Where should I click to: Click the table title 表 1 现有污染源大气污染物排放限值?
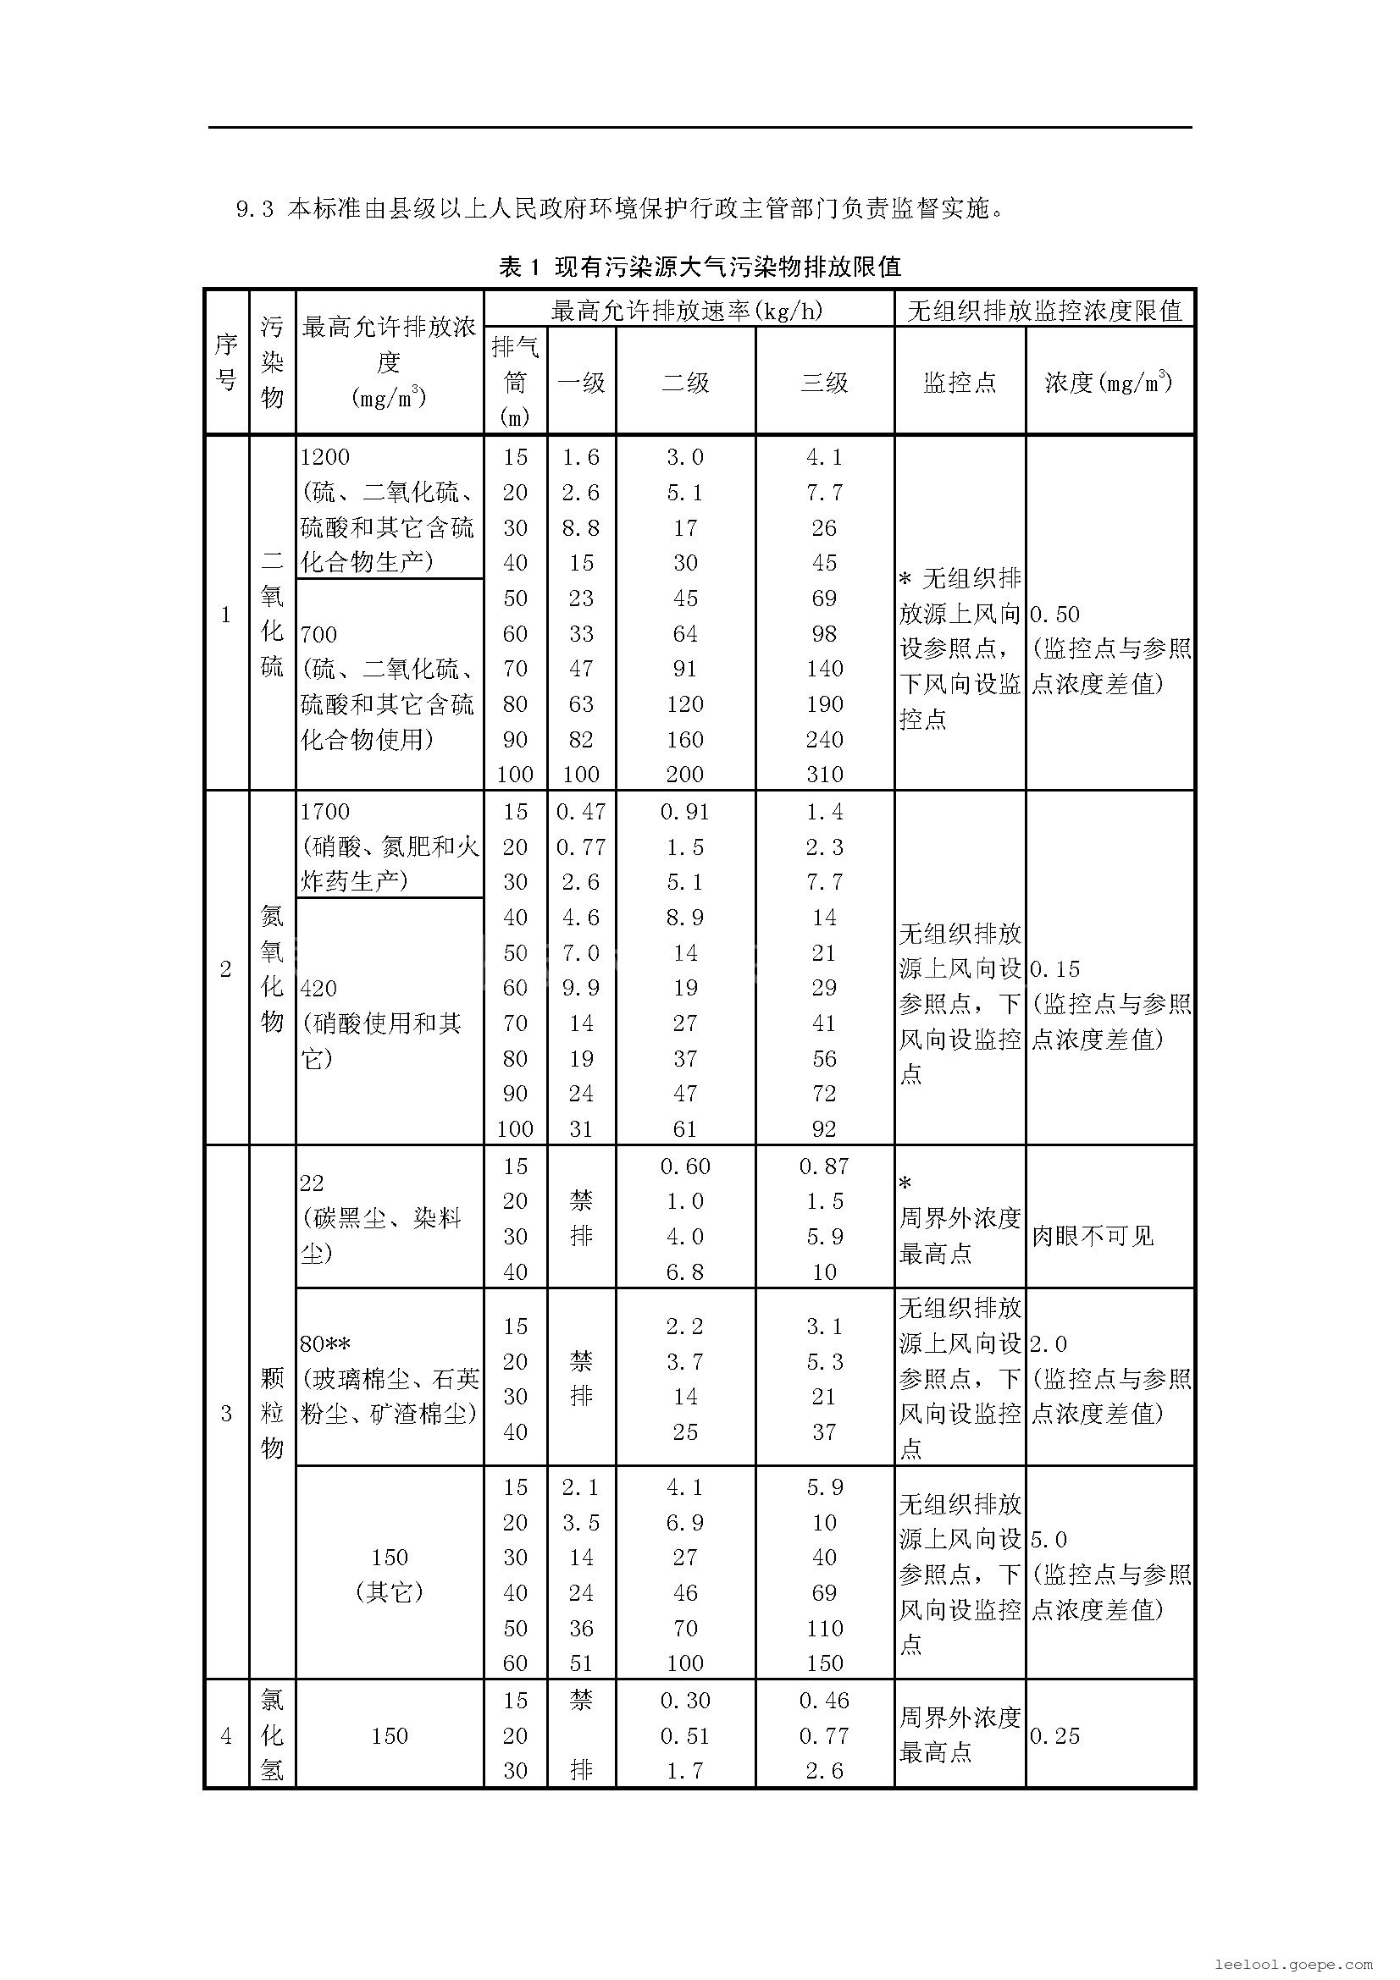700,267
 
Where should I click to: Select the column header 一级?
581,383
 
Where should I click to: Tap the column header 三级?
825,383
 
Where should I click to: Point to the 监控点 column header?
960,383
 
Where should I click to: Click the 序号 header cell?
226,362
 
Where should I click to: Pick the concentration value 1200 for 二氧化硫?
325,457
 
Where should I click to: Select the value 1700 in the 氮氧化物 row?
325,813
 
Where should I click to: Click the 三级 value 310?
825,775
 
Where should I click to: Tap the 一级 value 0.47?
581,813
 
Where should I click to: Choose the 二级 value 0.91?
686,813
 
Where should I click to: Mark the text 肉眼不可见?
1092,1237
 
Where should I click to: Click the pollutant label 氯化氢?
272,1735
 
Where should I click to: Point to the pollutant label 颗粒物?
272,1413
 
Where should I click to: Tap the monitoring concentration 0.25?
1055,1736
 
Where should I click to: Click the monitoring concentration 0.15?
1055,969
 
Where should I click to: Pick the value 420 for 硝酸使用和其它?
319,988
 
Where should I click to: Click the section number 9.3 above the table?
254,210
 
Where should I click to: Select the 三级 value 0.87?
825,1166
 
